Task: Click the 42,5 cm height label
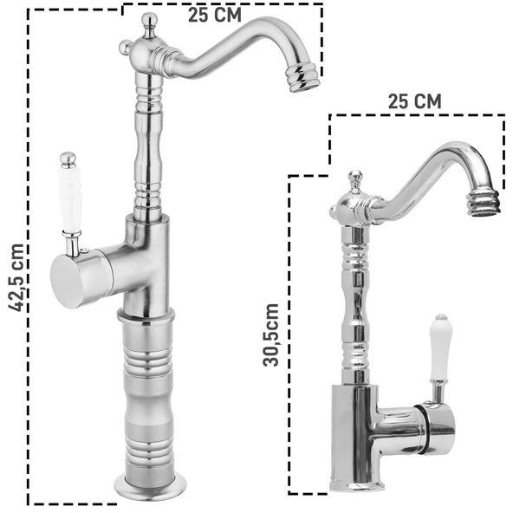coord(17,278)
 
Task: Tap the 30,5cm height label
coord(271,334)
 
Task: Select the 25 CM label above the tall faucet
coord(214,16)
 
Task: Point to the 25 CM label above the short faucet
coord(414,101)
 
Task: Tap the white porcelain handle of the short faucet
coord(439,347)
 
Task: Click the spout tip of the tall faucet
coord(302,78)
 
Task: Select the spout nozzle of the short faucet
coord(484,204)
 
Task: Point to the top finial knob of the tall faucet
coord(149,23)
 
